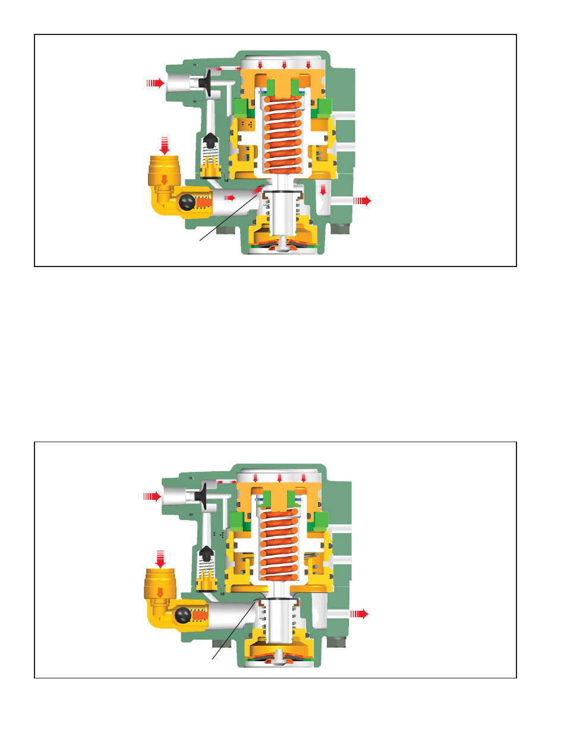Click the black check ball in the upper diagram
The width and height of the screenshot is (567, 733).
187,203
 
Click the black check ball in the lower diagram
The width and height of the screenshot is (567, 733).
182,615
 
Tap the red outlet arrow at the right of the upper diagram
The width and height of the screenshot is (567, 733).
362,201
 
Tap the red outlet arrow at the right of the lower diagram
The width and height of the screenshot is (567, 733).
359,614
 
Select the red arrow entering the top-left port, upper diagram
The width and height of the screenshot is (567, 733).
156,83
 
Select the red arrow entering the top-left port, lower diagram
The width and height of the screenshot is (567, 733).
152,496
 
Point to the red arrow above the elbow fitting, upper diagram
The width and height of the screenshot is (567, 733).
165,145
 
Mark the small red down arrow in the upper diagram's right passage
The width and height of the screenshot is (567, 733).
323,191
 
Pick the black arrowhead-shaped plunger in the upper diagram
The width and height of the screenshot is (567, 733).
210,141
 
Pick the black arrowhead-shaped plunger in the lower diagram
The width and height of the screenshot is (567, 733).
206,554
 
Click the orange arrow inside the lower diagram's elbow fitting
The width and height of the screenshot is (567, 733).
160,592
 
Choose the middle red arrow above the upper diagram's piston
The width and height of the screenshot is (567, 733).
284,65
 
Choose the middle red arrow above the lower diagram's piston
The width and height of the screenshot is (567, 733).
279,478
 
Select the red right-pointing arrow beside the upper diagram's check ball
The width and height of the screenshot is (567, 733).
229,198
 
